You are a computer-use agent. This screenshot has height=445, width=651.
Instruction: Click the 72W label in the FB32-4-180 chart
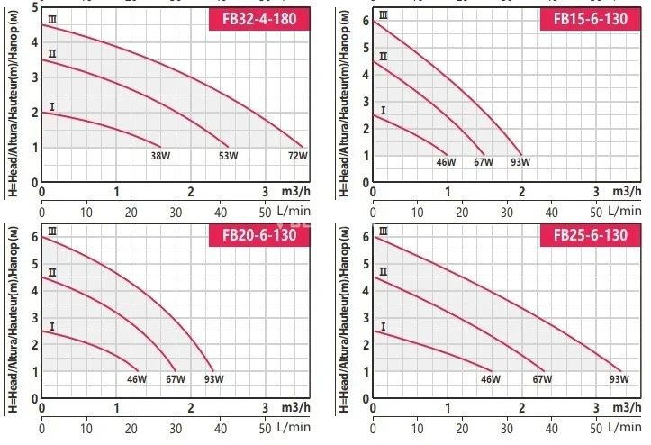pyautogui.click(x=297, y=156)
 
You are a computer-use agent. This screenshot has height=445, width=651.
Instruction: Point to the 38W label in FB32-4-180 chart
pyautogui.click(x=160, y=156)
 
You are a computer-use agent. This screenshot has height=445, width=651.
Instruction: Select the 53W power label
pyautogui.click(x=228, y=156)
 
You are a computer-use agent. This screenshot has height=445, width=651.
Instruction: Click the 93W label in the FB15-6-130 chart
pyautogui.click(x=520, y=162)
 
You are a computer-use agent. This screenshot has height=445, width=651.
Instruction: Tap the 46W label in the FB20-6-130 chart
pyautogui.click(x=137, y=379)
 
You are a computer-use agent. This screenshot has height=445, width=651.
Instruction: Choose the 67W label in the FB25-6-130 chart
pyautogui.click(x=541, y=379)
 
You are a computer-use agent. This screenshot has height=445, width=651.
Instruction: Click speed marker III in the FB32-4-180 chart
pyautogui.click(x=52, y=19)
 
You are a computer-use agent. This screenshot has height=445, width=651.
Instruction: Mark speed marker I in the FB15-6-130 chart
pyautogui.click(x=384, y=111)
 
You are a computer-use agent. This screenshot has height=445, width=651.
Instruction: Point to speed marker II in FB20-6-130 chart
pyautogui.click(x=52, y=272)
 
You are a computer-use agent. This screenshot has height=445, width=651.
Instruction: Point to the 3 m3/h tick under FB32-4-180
pyautogui.click(x=265, y=192)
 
